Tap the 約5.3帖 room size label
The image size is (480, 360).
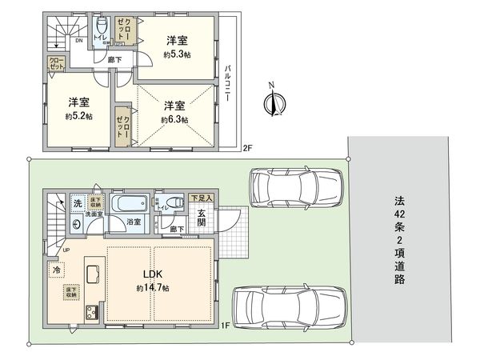coord(176,55)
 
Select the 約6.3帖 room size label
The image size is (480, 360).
coord(174,119)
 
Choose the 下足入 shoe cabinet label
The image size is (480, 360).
coord(202,197)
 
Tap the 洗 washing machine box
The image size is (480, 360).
coord(77,203)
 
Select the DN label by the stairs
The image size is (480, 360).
coord(78,39)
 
